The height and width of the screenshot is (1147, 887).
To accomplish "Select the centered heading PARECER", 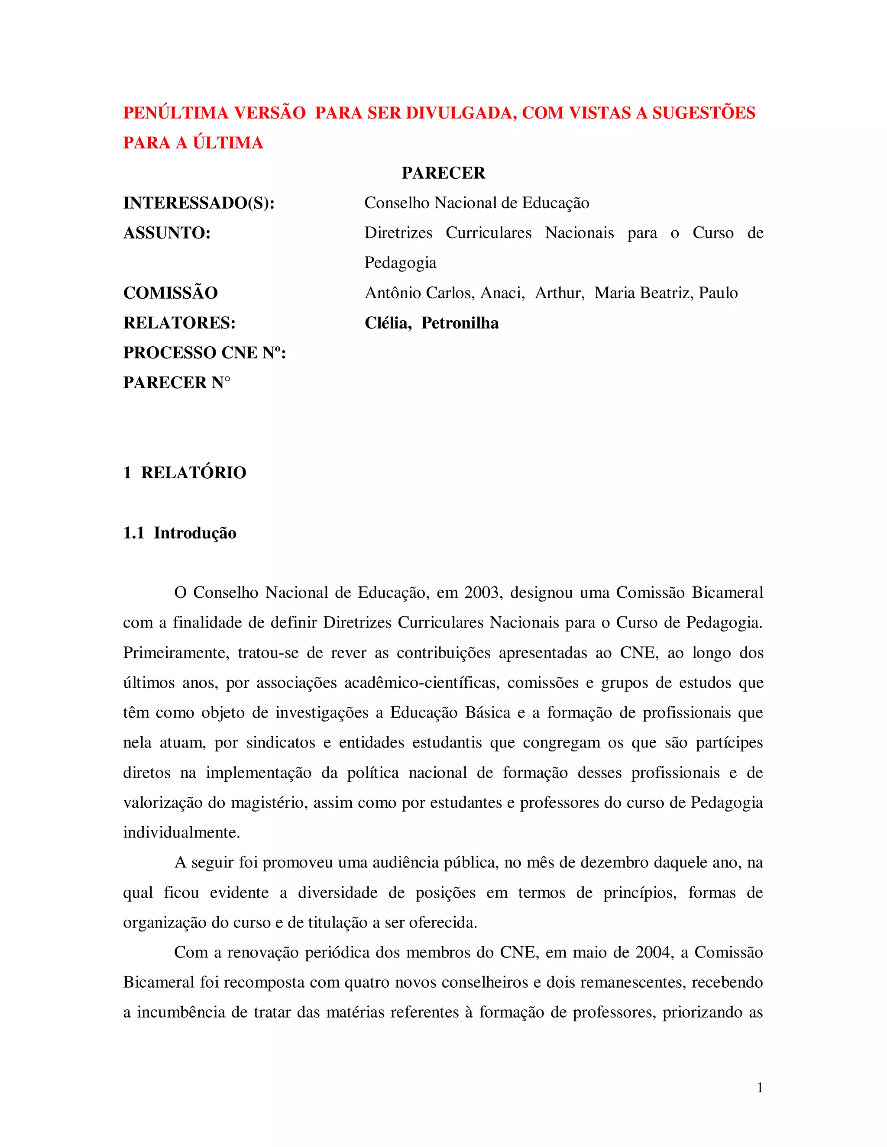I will tap(443, 173).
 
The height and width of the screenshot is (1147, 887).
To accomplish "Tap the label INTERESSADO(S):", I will tap(199, 203).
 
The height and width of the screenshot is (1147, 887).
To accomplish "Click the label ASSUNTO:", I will tap(167, 233).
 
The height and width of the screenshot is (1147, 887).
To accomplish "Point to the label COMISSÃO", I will tap(170, 293).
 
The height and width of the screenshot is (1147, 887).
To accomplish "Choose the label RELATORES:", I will tap(179, 322).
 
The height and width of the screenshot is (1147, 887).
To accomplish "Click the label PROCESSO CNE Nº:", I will tap(204, 352).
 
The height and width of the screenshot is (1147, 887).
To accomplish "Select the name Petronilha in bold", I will tap(460, 322).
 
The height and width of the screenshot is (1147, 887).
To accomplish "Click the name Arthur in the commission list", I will tap(559, 293).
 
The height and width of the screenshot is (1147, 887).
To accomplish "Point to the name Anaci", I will tap(502, 293).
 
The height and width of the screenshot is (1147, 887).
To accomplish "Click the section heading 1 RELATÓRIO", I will tap(185, 472).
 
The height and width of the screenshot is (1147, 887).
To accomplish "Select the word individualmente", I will tap(181, 832).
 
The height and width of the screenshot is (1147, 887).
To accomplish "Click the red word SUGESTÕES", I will tap(704, 113).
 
